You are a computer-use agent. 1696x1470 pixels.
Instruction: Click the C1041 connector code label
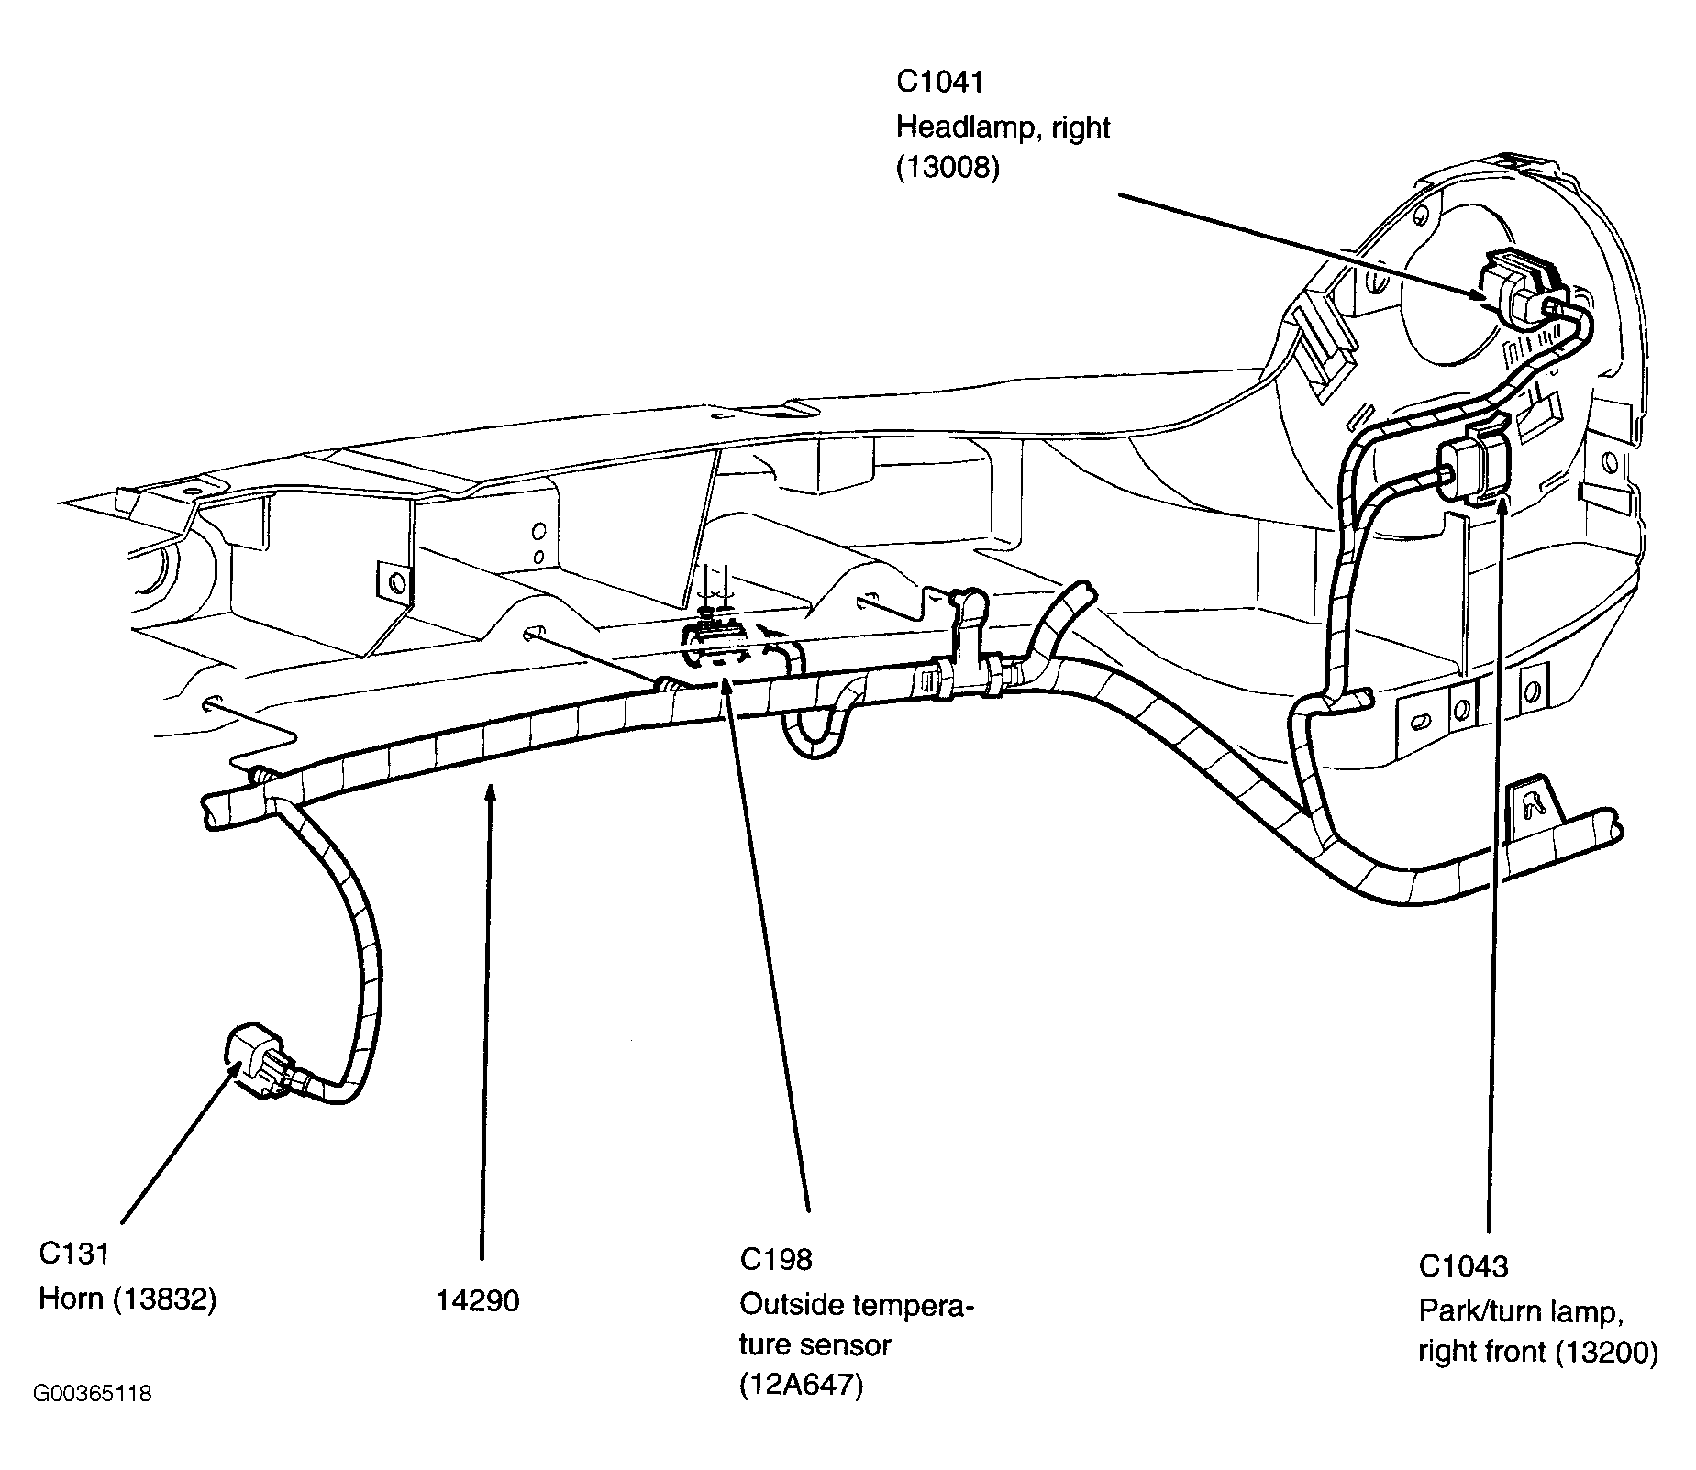939,82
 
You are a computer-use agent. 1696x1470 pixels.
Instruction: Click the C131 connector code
73,1253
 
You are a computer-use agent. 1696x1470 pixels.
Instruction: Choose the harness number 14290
477,1300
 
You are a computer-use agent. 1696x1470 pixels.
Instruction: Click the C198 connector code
776,1259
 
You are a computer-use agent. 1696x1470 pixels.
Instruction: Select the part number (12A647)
802,1387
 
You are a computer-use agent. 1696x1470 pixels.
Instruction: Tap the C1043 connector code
1463,1266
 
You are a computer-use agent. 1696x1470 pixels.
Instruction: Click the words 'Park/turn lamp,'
1522,1310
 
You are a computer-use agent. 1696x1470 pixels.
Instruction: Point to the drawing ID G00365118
93,1395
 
